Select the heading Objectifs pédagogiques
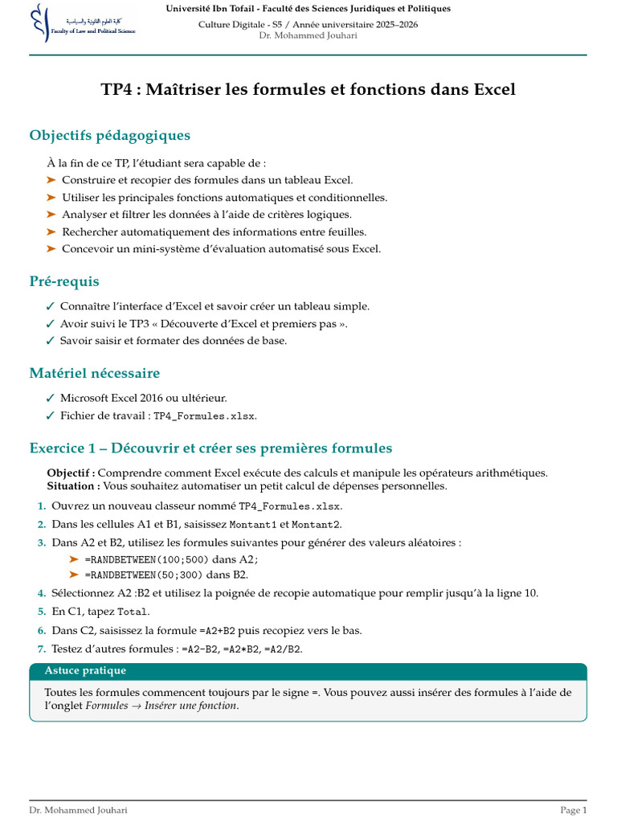[109, 135]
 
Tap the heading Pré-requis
[64, 281]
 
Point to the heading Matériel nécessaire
[94, 373]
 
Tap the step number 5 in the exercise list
[41, 612]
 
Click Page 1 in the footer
[574, 810]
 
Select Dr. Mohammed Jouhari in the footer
[78, 810]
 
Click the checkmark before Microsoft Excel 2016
[51, 398]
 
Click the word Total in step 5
[133, 612]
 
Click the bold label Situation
[73, 486]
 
